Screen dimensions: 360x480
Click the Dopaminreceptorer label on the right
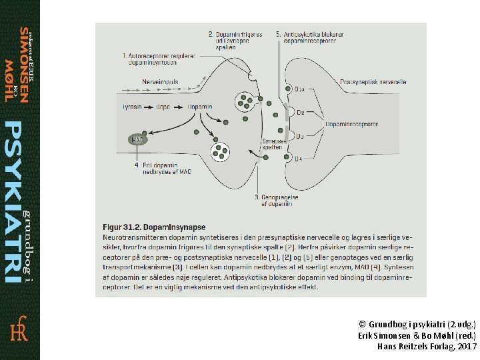(x=351, y=123)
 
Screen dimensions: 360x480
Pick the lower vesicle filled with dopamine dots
(x=220, y=151)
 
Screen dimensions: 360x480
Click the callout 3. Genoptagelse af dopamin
(x=273, y=201)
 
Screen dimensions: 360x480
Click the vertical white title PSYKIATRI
(x=14, y=200)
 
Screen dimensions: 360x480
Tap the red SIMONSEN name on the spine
(x=23, y=65)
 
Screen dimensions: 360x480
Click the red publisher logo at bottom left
(x=19, y=330)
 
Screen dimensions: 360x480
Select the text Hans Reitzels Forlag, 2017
(x=427, y=347)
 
